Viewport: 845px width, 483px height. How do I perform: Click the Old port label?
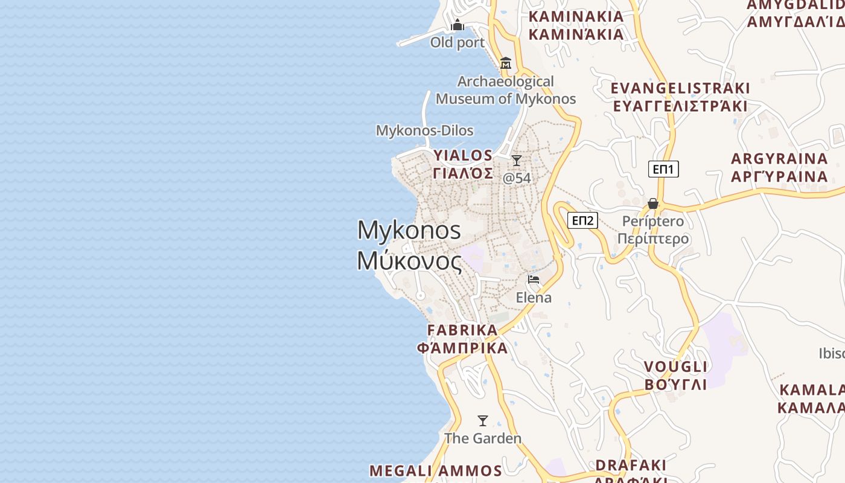tap(457, 42)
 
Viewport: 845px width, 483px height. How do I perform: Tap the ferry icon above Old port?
tap(458, 25)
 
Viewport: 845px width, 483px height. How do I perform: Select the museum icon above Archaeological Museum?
tap(506, 63)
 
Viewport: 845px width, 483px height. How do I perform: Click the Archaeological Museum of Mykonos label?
tap(506, 90)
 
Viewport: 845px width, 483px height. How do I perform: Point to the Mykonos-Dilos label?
tap(424, 130)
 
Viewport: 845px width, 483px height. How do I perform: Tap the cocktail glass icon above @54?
tap(517, 161)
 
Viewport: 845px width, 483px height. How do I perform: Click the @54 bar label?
tap(517, 178)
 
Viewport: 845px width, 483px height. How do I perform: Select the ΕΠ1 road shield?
tap(663, 169)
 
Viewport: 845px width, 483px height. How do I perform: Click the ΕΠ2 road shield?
tap(582, 220)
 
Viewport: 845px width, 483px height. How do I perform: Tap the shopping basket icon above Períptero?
tap(653, 203)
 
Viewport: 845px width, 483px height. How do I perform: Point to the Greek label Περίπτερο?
tap(653, 238)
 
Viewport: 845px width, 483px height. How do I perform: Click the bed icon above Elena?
tap(534, 279)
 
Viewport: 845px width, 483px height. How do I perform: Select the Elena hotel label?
tap(534, 298)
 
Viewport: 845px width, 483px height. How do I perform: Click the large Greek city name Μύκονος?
tap(409, 261)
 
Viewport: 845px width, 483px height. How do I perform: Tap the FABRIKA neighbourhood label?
tap(462, 330)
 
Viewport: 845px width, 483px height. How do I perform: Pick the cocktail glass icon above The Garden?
tap(483, 421)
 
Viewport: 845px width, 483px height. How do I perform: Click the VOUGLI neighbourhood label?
tap(675, 367)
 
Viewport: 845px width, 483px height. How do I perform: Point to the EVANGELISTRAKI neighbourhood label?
tap(680, 88)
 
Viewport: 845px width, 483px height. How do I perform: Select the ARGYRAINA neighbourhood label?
tap(779, 159)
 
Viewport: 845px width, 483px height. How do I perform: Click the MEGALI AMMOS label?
tap(435, 471)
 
